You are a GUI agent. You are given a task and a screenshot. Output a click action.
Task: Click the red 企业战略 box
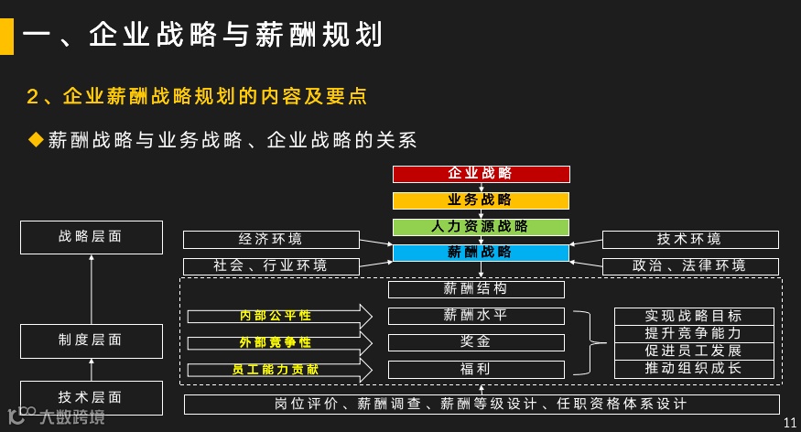(481, 174)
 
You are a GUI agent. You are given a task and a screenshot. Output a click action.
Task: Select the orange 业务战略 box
(481, 200)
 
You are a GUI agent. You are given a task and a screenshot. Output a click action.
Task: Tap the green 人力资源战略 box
(481, 226)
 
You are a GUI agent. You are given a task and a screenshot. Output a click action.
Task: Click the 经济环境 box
(270, 240)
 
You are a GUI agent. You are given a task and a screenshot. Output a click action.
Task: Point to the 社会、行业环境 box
(270, 266)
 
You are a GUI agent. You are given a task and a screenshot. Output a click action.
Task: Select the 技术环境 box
(689, 240)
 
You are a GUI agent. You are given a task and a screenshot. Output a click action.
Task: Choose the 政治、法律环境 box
(689, 266)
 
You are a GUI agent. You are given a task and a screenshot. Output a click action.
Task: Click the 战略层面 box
(91, 237)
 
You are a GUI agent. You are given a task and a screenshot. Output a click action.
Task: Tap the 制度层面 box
(91, 340)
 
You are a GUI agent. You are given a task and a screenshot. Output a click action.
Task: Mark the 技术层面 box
(91, 397)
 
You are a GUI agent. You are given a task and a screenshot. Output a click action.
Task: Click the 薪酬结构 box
(475, 289)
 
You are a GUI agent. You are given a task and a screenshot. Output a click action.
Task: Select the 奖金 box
(475, 342)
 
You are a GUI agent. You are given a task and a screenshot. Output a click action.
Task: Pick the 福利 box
(475, 370)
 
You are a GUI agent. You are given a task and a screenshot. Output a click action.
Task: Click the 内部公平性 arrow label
(276, 316)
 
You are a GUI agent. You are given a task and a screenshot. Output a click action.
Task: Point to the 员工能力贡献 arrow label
(276, 370)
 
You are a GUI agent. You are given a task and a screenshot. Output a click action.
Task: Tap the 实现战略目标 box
(693, 316)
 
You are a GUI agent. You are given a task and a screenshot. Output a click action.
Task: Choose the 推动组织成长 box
(693, 369)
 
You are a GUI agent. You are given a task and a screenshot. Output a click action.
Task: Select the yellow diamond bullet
(37, 139)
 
